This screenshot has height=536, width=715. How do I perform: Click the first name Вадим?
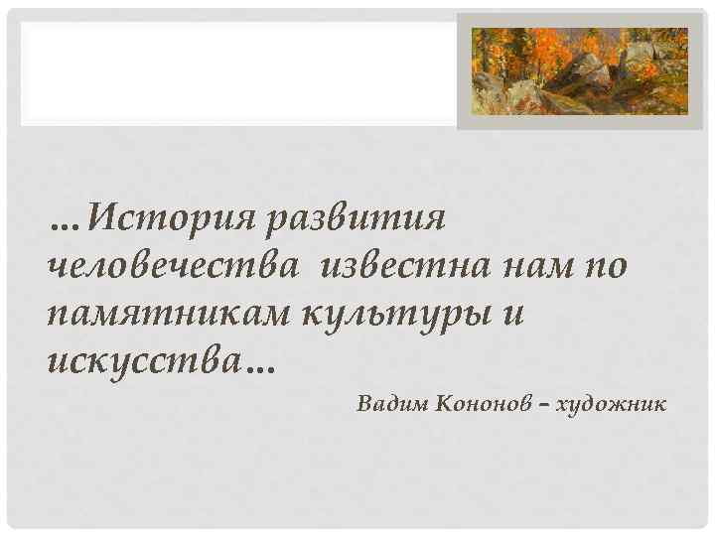[391, 406]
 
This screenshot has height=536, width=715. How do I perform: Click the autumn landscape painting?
[579, 69]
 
